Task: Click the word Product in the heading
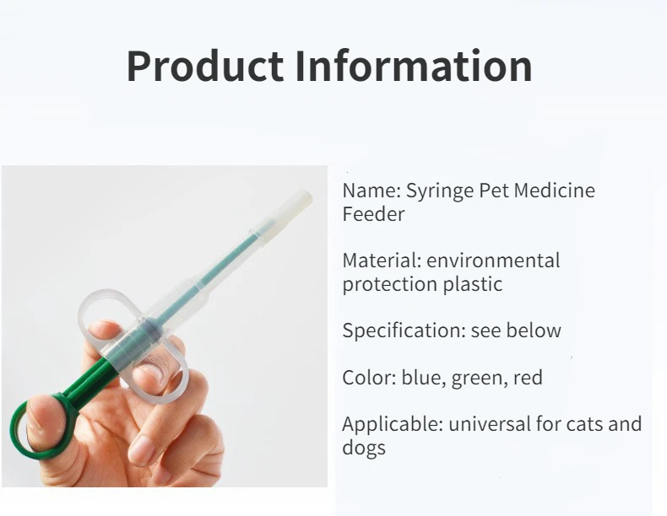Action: (x=205, y=66)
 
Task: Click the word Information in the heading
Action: (x=414, y=66)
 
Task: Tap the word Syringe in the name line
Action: (x=440, y=191)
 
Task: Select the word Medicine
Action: (x=554, y=190)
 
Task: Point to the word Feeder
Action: (x=373, y=213)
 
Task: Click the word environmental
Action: (x=493, y=261)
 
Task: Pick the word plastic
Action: (x=473, y=284)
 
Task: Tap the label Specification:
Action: (x=404, y=331)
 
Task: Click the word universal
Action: (x=489, y=424)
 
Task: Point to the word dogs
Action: (x=364, y=448)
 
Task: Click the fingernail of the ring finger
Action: (x=141, y=450)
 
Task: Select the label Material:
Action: (x=382, y=261)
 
